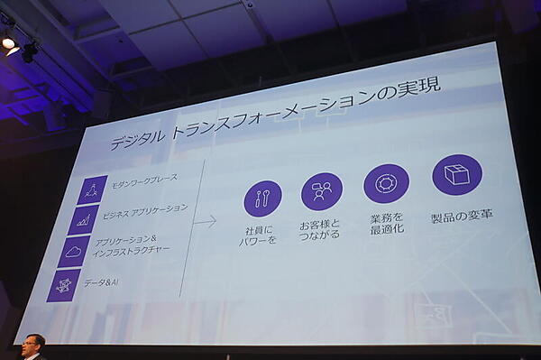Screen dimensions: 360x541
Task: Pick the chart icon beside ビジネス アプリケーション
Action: (84, 219)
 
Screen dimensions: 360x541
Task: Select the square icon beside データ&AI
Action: (64, 285)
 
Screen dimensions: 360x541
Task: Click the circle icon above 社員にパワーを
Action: (262, 198)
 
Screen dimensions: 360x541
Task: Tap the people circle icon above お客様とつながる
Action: (321, 191)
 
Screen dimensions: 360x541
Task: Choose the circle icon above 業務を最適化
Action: (386, 183)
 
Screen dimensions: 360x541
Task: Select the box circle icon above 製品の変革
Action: (457, 174)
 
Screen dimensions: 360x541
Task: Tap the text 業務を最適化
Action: (386, 222)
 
